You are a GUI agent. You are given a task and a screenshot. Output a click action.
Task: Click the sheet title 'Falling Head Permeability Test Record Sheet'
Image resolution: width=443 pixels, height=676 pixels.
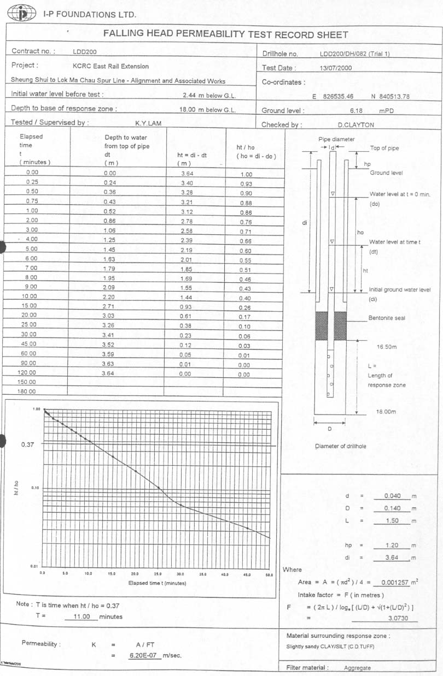coord(225,34)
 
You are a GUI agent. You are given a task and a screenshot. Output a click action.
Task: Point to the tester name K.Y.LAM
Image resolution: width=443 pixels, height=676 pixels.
coord(148,123)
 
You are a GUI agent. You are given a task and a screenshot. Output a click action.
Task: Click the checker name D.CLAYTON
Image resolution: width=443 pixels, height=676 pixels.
coord(355,124)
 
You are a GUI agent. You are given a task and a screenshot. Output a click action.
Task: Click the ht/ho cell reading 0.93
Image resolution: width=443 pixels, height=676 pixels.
coord(246,184)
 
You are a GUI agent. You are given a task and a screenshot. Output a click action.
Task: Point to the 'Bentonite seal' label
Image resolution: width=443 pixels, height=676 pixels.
coord(387,318)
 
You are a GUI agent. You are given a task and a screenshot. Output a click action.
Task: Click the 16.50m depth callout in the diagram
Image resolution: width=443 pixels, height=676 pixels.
coord(386,347)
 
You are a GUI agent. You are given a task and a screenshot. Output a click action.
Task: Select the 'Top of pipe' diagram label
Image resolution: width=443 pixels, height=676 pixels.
coord(384,148)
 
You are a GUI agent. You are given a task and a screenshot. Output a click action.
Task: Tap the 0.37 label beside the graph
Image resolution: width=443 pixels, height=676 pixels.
coord(28,444)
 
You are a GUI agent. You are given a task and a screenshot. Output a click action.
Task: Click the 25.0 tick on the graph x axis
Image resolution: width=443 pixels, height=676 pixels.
coord(158,574)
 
